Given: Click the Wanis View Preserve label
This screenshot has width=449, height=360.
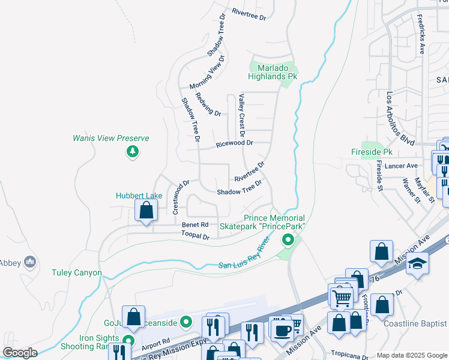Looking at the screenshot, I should pyautogui.click(x=110, y=138).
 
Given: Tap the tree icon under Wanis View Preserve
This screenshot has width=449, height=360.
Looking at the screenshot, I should pyautogui.click(x=132, y=152).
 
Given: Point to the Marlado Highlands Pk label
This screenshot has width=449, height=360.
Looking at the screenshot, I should pyautogui.click(x=274, y=72).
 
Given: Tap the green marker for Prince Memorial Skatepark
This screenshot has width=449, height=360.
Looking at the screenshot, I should pyautogui.click(x=288, y=241).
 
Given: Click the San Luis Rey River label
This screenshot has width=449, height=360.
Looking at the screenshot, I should pyautogui.click(x=243, y=257).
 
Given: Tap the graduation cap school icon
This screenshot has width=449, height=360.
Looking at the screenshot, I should pyautogui.click(x=417, y=264).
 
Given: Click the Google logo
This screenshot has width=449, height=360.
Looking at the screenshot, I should pyautogui.click(x=20, y=352).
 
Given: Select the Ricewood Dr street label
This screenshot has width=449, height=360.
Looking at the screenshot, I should pyautogui.click(x=235, y=143).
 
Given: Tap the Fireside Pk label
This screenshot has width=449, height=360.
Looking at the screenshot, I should pyautogui.click(x=372, y=152).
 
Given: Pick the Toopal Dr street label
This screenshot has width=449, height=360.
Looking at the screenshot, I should pyautogui.click(x=195, y=237).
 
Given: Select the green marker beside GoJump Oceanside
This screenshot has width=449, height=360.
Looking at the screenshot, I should pyautogui.click(x=186, y=323).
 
